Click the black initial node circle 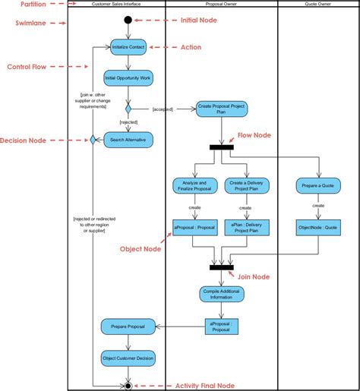(x=128, y=20)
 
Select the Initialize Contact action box (x=128, y=47)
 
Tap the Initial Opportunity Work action (x=128, y=77)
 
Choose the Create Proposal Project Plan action (x=221, y=109)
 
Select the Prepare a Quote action (x=317, y=185)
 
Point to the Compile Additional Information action (x=221, y=295)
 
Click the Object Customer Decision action (x=128, y=358)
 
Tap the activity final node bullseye (x=128, y=385)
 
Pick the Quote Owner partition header (x=318, y=4)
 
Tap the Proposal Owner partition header (x=221, y=4)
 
